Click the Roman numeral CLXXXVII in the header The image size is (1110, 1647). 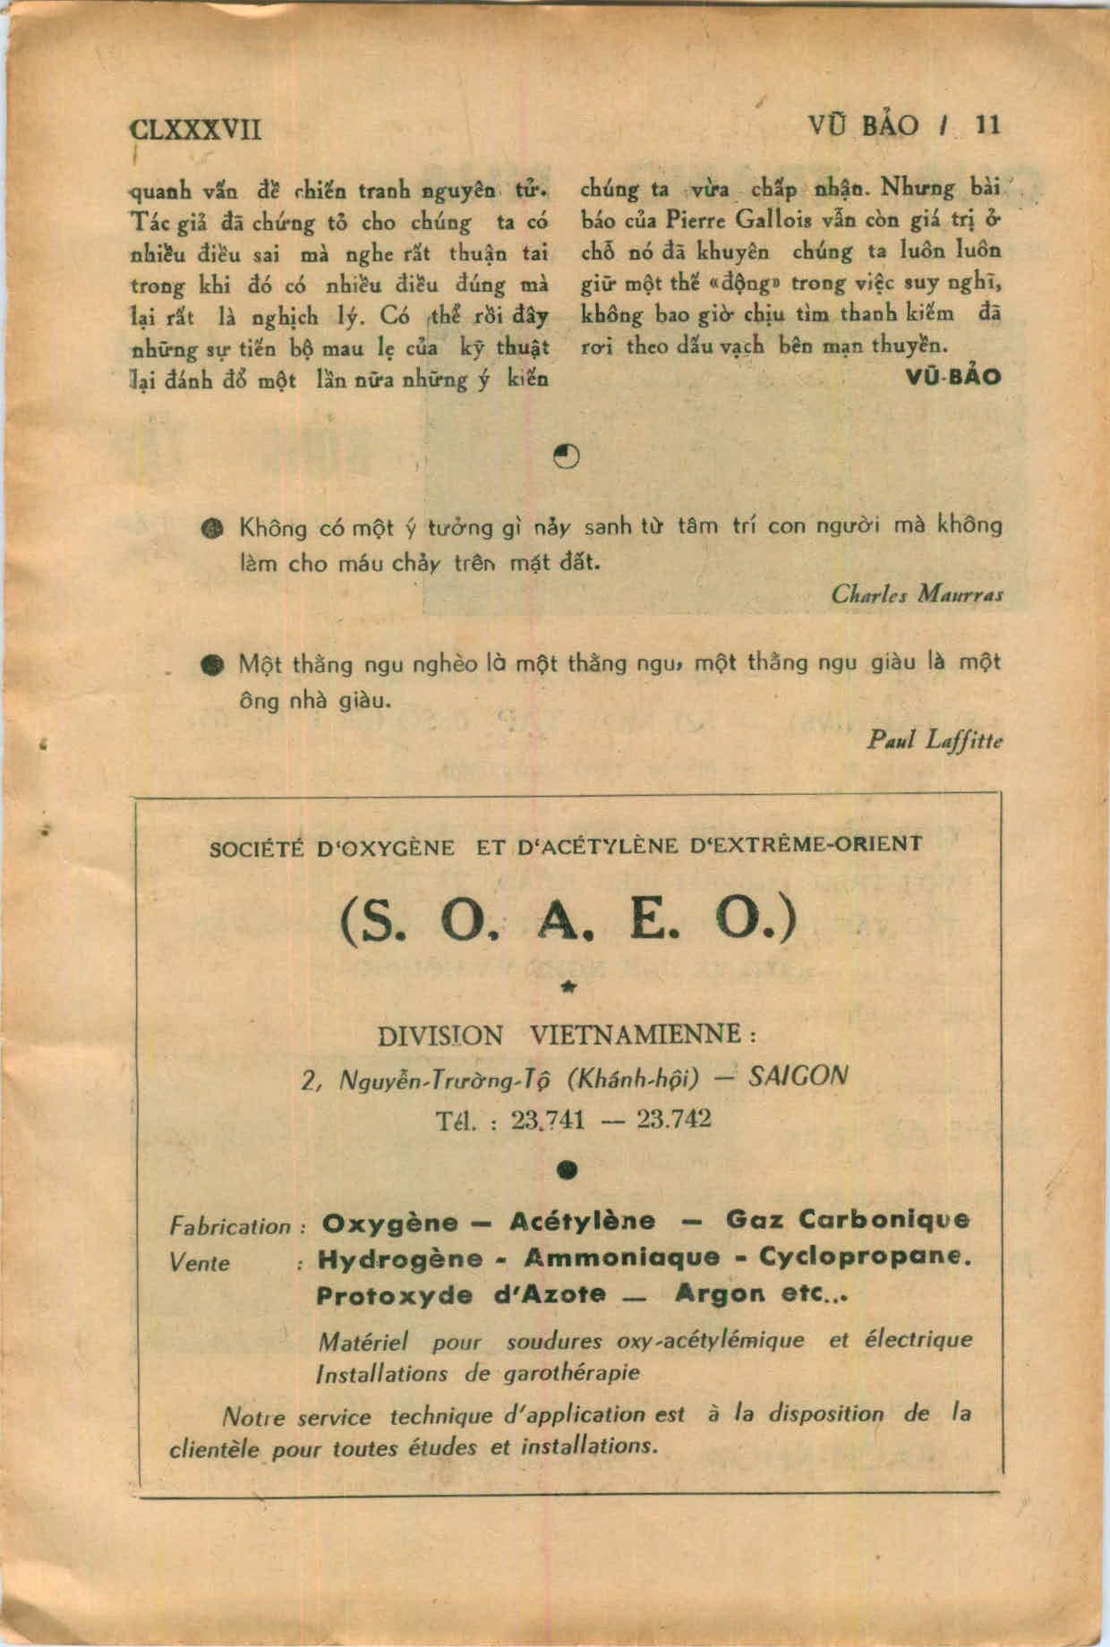(196, 128)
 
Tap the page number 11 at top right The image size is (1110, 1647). (986, 125)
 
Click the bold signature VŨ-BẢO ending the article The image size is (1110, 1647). (952, 376)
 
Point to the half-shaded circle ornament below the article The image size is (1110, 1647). (566, 457)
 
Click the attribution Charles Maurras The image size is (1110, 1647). (916, 593)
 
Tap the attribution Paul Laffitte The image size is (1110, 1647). (935, 739)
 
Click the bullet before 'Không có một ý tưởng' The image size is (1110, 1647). (212, 527)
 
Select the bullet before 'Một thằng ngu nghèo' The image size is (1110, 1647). (212, 665)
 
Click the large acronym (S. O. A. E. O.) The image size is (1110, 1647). (568, 922)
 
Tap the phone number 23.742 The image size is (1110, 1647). (673, 1119)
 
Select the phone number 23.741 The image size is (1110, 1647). (547, 1119)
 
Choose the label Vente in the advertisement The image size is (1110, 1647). (200, 1263)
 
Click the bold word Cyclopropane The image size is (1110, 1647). (864, 1257)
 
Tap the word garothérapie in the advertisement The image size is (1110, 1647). (576, 1373)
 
